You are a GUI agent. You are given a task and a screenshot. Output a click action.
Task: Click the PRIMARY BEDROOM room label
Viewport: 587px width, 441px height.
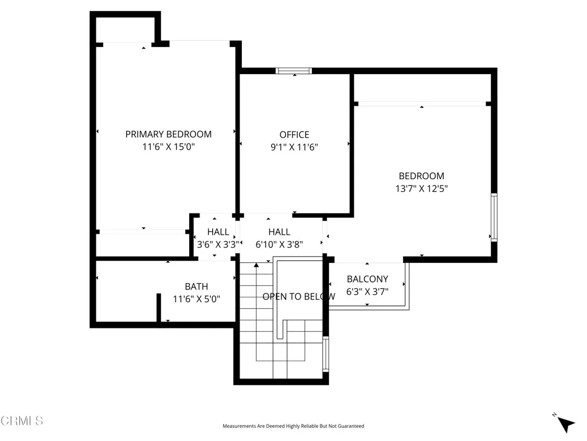click(x=168, y=134)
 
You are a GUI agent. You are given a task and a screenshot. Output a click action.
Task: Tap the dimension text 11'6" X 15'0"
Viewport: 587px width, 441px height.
click(x=168, y=147)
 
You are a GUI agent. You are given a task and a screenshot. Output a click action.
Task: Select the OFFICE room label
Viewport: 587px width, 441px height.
click(x=294, y=135)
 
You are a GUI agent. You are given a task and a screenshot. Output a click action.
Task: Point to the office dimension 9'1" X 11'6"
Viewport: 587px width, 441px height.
click(x=294, y=148)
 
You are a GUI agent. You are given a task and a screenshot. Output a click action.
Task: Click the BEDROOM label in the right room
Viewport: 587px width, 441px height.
click(x=421, y=176)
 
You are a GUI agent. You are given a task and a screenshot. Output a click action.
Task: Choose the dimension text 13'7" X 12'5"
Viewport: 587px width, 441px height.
click(x=421, y=188)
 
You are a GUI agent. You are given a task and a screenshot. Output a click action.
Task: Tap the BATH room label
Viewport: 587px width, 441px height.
click(x=196, y=287)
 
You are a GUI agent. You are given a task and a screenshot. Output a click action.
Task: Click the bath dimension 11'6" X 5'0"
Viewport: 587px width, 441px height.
click(x=196, y=299)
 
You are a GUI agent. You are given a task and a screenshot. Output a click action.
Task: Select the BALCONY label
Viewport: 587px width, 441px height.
click(x=367, y=280)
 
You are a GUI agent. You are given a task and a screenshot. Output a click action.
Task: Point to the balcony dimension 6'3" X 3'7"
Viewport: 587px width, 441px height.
click(x=367, y=292)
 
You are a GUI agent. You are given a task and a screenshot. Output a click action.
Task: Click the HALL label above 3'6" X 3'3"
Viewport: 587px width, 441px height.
click(x=218, y=232)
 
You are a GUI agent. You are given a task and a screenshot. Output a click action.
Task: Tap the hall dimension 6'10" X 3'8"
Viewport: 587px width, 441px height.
click(x=279, y=245)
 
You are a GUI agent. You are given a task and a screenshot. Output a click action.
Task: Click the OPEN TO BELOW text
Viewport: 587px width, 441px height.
click(x=299, y=297)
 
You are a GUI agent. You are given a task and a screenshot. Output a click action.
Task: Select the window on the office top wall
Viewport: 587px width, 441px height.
click(x=293, y=71)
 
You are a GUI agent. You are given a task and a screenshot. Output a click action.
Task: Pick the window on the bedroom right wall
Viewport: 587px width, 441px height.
click(x=494, y=218)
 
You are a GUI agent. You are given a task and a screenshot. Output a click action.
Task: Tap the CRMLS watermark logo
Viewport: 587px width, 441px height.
click(x=22, y=421)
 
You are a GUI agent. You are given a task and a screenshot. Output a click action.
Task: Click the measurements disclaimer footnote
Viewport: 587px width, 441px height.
click(x=293, y=426)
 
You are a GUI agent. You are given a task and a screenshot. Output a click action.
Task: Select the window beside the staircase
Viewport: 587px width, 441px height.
click(x=325, y=353)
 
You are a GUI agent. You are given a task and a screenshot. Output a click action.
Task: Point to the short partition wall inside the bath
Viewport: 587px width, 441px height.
click(x=158, y=308)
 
